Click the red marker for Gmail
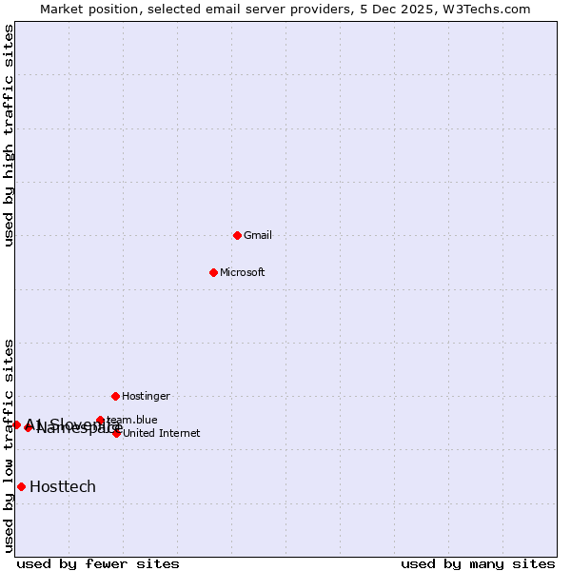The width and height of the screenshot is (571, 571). coord(237,235)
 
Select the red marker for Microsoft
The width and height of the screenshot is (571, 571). coord(213,272)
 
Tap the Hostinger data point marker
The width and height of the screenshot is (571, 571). coord(115,396)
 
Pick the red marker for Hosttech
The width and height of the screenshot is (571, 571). coord(21,486)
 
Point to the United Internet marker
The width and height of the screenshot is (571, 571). coord(116,433)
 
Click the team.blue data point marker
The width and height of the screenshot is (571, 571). coord(100,420)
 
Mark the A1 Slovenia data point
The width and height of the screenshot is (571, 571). coord(16,424)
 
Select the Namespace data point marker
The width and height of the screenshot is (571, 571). coord(29,427)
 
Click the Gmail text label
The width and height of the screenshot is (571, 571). coord(258,235)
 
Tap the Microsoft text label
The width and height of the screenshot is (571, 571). coord(243,272)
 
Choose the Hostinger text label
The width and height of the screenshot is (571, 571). coord(146,396)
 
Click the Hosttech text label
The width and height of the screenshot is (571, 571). coord(63,486)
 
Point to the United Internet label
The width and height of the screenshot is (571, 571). coord(162,433)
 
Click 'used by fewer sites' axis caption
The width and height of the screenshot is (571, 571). coord(98,563)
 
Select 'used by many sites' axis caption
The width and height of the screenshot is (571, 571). coord(478,563)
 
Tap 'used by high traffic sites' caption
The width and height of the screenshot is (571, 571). coord(10,135)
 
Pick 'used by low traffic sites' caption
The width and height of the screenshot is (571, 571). coord(10,445)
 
